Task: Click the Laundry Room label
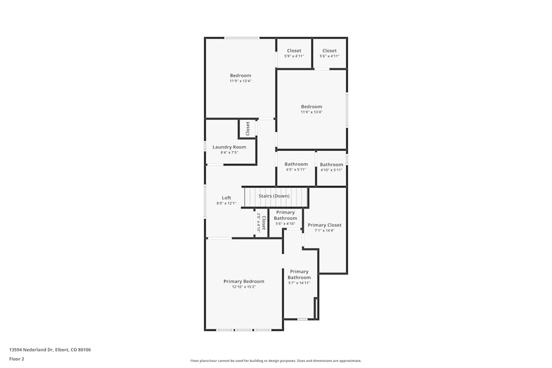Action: click(x=229, y=147)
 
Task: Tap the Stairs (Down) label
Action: click(x=274, y=196)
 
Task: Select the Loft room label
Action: click(x=226, y=198)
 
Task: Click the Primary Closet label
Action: click(x=325, y=225)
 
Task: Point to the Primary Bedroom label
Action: click(x=243, y=281)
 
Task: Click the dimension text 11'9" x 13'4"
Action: click(x=240, y=81)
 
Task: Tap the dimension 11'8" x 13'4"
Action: click(x=311, y=112)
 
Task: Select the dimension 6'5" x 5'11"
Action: click(x=296, y=170)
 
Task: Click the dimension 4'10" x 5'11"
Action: click(x=331, y=170)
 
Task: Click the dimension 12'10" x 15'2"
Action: click(x=243, y=287)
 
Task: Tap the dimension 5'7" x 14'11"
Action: click(x=299, y=283)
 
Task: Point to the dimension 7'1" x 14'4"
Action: click(x=325, y=231)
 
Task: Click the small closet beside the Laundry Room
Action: click(x=248, y=129)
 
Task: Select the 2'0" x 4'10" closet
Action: click(x=262, y=223)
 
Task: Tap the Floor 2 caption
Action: click(x=17, y=359)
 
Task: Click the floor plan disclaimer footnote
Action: click(x=275, y=361)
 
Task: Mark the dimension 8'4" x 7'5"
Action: click(x=229, y=153)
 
